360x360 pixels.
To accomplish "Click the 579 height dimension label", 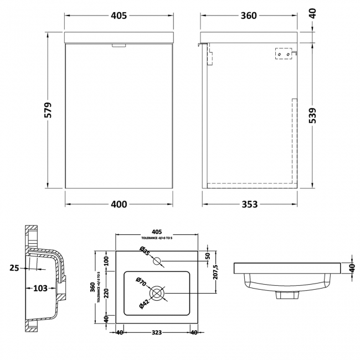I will click(x=48, y=110).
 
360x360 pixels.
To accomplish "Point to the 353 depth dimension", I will click(x=249, y=204).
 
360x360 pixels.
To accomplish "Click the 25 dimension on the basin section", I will click(x=14, y=268).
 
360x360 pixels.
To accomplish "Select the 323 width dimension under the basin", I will click(x=156, y=333).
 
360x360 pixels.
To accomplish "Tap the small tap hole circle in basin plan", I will click(x=157, y=260).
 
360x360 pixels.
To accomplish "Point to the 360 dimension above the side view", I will click(x=249, y=16).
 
